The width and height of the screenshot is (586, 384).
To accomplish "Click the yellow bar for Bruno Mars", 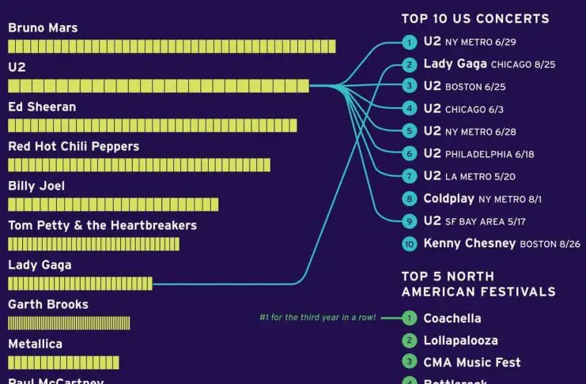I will pyautogui.click(x=172, y=47).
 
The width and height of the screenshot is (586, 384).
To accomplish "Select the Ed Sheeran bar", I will pyautogui.click(x=153, y=126).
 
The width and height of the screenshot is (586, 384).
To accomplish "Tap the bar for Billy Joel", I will pyautogui.click(x=113, y=205).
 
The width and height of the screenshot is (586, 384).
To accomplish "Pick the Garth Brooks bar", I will pyautogui.click(x=69, y=323).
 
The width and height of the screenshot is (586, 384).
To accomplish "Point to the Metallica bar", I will pyautogui.click(x=63, y=363).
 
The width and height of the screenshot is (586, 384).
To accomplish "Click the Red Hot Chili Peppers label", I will pyautogui.click(x=74, y=146).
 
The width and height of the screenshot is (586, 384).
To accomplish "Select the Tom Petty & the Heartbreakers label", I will pyautogui.click(x=102, y=225).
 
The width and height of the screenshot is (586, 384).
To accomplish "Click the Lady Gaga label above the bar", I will pyautogui.click(x=40, y=265).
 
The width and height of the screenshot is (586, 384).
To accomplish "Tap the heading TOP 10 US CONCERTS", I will pyautogui.click(x=474, y=19).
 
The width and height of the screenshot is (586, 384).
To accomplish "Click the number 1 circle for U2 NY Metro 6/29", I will pyautogui.click(x=409, y=42).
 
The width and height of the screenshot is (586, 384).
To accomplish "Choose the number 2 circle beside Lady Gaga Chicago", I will pyautogui.click(x=409, y=65).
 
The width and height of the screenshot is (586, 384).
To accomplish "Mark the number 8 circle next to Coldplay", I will pyautogui.click(x=409, y=199).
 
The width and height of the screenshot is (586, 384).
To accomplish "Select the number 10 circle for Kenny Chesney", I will pyautogui.click(x=409, y=244).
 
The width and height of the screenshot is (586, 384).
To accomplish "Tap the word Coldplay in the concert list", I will pyautogui.click(x=448, y=199).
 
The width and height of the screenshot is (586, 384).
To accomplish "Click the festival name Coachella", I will pyautogui.click(x=452, y=318).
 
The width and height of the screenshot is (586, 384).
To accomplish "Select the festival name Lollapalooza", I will pyautogui.click(x=460, y=341).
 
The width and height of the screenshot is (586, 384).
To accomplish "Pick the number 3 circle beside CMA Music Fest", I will pyautogui.click(x=409, y=363).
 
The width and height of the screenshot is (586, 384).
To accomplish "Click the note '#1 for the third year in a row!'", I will pyautogui.click(x=319, y=318).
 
